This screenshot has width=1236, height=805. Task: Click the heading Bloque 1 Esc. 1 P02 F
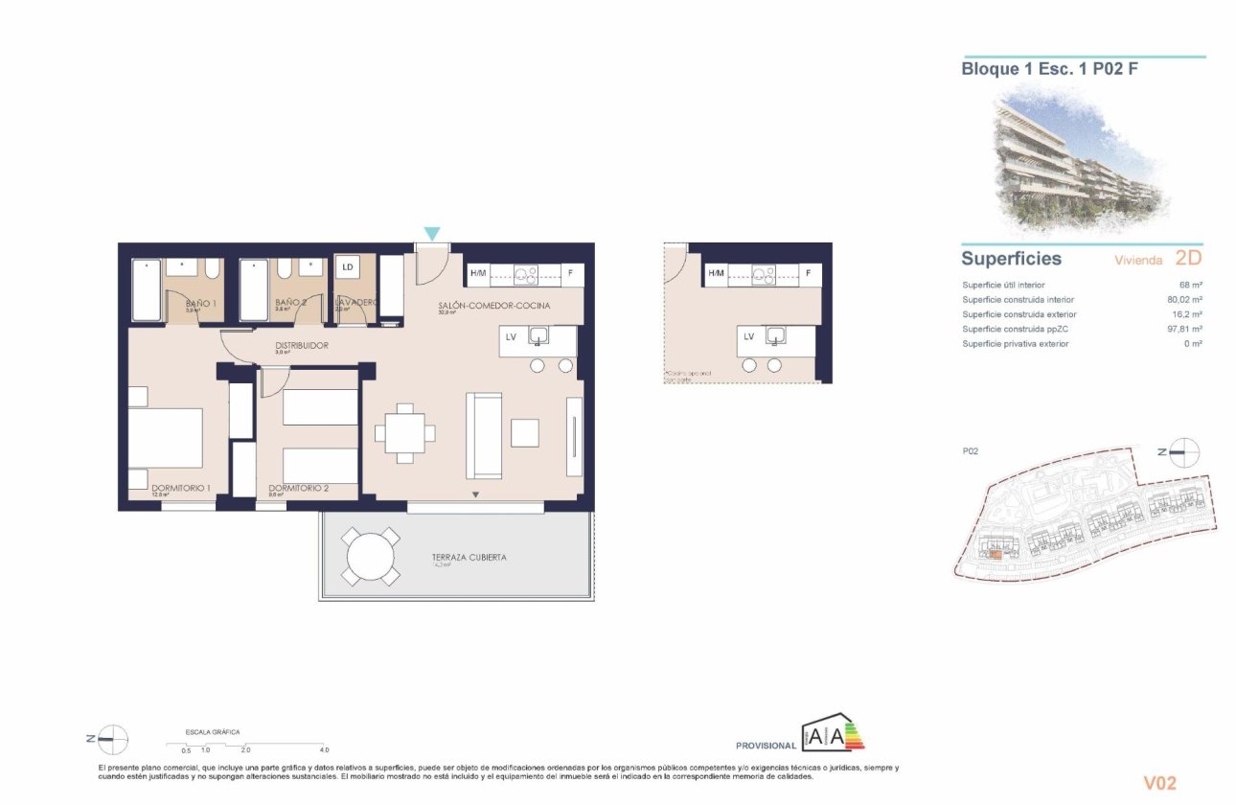[x=1050, y=68]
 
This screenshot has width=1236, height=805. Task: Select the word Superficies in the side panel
[x=1011, y=259]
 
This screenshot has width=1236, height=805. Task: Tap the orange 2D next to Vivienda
[x=1187, y=258]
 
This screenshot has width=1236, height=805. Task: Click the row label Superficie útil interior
[x=1003, y=286]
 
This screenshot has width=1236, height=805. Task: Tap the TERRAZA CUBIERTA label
[x=469, y=557]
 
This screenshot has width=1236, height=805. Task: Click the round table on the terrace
[x=372, y=557]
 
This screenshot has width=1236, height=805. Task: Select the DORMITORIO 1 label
[x=180, y=488]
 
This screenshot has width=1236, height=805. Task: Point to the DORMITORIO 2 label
[x=299, y=488]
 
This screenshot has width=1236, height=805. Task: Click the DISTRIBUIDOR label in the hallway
[x=302, y=345]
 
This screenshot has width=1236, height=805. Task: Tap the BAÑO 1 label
[x=200, y=304]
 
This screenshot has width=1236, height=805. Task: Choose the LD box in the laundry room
[x=347, y=267]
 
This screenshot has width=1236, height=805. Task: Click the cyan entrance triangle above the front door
[x=432, y=234]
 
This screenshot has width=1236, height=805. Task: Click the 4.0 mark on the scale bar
[x=324, y=749]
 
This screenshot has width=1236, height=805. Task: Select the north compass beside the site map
[x=1184, y=450]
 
